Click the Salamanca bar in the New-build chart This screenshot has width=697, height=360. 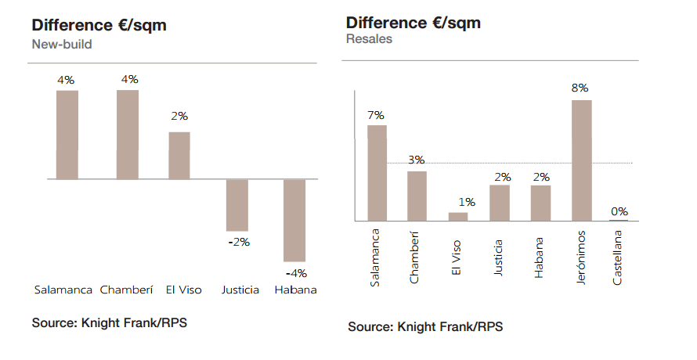67,135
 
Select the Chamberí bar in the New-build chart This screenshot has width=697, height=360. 128,135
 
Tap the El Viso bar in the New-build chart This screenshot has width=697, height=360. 179,155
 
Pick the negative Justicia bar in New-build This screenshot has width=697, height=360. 237,205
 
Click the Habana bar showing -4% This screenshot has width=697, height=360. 294,220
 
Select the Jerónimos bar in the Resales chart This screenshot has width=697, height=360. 581,160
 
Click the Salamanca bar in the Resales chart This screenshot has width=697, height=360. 377,173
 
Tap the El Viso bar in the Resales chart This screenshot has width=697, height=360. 458,217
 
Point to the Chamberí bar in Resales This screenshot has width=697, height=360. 417,196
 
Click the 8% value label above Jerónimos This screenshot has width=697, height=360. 580,88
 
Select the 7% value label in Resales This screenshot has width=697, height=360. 376,115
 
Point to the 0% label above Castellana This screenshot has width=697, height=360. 619,211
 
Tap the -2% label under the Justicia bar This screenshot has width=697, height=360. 238,242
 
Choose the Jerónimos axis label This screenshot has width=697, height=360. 580,257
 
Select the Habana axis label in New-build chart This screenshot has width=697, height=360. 295,290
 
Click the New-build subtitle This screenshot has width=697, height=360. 62,45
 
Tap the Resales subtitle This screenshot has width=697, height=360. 369,39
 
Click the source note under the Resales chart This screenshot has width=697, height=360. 425,326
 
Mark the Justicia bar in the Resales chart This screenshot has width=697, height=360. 500,203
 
